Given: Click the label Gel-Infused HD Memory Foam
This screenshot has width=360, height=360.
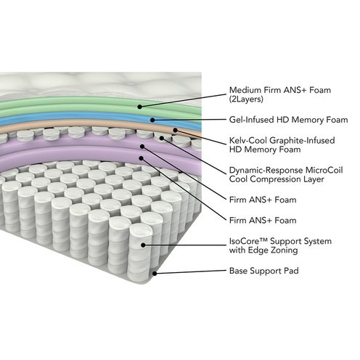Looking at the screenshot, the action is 288,120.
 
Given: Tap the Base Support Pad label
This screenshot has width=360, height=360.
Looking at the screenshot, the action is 263,271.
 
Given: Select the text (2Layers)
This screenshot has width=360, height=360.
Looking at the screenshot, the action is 246,99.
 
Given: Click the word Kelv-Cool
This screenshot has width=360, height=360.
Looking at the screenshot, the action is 248,140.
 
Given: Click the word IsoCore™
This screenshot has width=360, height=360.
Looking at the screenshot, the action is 248,241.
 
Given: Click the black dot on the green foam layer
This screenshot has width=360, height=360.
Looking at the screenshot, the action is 139,107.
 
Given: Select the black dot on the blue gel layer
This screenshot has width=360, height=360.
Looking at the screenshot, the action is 152,120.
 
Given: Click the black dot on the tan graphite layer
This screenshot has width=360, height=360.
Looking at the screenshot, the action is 176,131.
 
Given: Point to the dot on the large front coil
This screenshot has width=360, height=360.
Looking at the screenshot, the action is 143,245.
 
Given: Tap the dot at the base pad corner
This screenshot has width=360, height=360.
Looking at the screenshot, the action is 155,274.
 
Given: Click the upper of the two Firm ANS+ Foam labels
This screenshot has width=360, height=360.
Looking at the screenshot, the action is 263,200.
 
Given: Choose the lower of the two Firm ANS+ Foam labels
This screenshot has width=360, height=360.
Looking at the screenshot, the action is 263,221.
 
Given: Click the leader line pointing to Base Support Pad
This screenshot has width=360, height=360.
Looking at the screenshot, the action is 190,272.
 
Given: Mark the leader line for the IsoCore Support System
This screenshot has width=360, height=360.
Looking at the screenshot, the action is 184,245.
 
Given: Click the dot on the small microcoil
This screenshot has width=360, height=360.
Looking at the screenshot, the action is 162,138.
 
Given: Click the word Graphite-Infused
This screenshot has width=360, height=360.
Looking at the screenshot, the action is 302,140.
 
